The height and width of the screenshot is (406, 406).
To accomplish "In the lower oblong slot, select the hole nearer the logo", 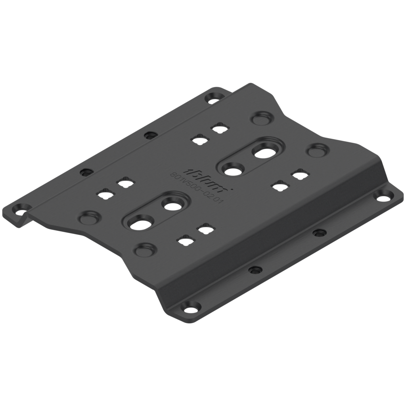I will [x=172, y=204].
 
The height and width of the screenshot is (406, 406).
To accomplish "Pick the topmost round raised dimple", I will [x=260, y=118].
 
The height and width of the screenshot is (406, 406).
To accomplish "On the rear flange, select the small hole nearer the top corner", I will [x=150, y=135].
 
